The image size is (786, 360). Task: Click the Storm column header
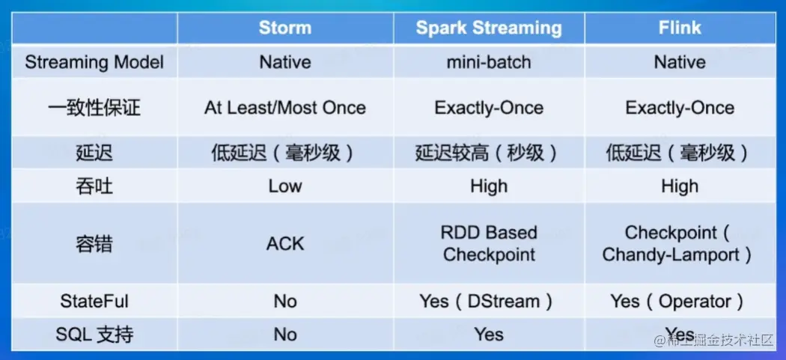point(284,28)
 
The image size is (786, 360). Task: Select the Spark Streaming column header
point(488,28)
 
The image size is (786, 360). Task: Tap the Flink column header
point(680,28)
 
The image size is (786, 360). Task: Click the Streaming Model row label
point(94,62)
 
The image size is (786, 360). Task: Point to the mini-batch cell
point(488,62)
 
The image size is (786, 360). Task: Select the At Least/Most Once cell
point(284,108)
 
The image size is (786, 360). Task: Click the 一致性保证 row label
point(94,108)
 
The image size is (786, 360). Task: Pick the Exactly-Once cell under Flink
point(680,108)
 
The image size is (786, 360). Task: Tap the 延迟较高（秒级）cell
point(488,153)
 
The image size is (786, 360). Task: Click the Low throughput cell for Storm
point(284,186)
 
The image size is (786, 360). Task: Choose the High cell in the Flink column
point(680,186)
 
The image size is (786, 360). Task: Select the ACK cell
point(284,243)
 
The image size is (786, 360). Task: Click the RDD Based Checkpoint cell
point(488,243)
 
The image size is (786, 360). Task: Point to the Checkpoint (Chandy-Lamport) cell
point(680,243)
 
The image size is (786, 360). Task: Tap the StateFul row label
point(94,302)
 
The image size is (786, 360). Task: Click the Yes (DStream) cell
point(488,302)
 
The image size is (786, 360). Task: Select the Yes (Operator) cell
point(680,302)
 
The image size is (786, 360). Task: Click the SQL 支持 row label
point(94,335)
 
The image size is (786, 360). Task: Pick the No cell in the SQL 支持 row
point(284,335)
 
